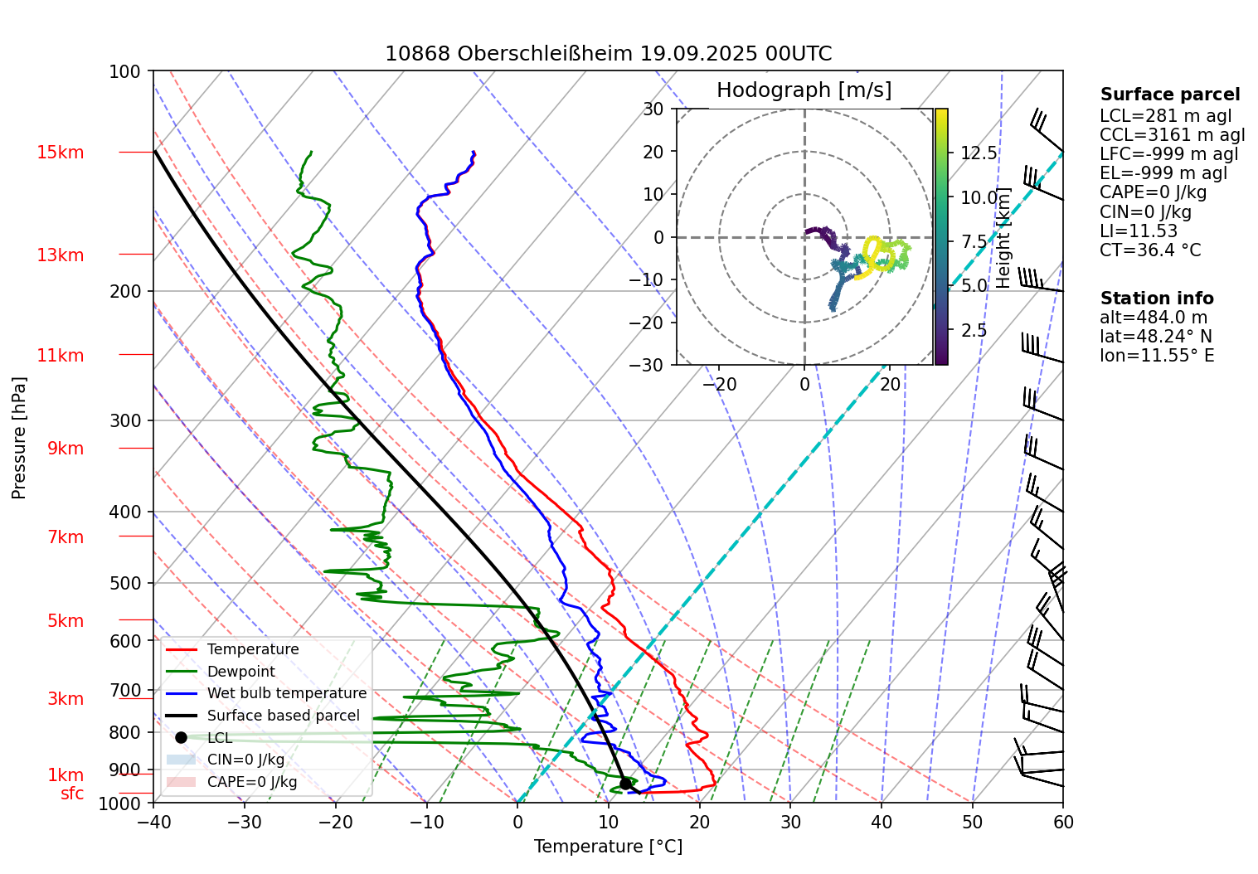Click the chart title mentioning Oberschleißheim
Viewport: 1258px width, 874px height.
pos(608,54)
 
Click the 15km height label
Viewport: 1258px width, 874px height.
pos(60,153)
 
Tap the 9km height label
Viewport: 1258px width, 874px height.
pos(65,449)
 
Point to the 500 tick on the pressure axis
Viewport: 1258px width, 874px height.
pos(125,583)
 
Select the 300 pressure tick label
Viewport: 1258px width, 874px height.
pos(125,420)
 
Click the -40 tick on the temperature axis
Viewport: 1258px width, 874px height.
pos(153,822)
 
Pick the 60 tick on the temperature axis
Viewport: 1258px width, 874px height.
pos(1062,822)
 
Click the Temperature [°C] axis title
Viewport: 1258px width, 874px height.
pos(608,846)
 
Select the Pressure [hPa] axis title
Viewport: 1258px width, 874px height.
pos(19,438)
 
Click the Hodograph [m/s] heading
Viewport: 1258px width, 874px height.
pos(804,90)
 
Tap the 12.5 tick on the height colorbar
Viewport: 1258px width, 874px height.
pos(979,153)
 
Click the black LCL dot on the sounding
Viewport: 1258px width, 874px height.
pos(625,783)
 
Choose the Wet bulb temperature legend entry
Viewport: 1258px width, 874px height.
pos(286,693)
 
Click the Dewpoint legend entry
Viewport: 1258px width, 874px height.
pos(240,672)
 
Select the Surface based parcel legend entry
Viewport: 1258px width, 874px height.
pos(283,716)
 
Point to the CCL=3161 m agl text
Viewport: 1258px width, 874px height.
pos(1172,135)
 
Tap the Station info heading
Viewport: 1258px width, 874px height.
pos(1156,299)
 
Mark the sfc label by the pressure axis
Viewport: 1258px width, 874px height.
pos(72,794)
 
